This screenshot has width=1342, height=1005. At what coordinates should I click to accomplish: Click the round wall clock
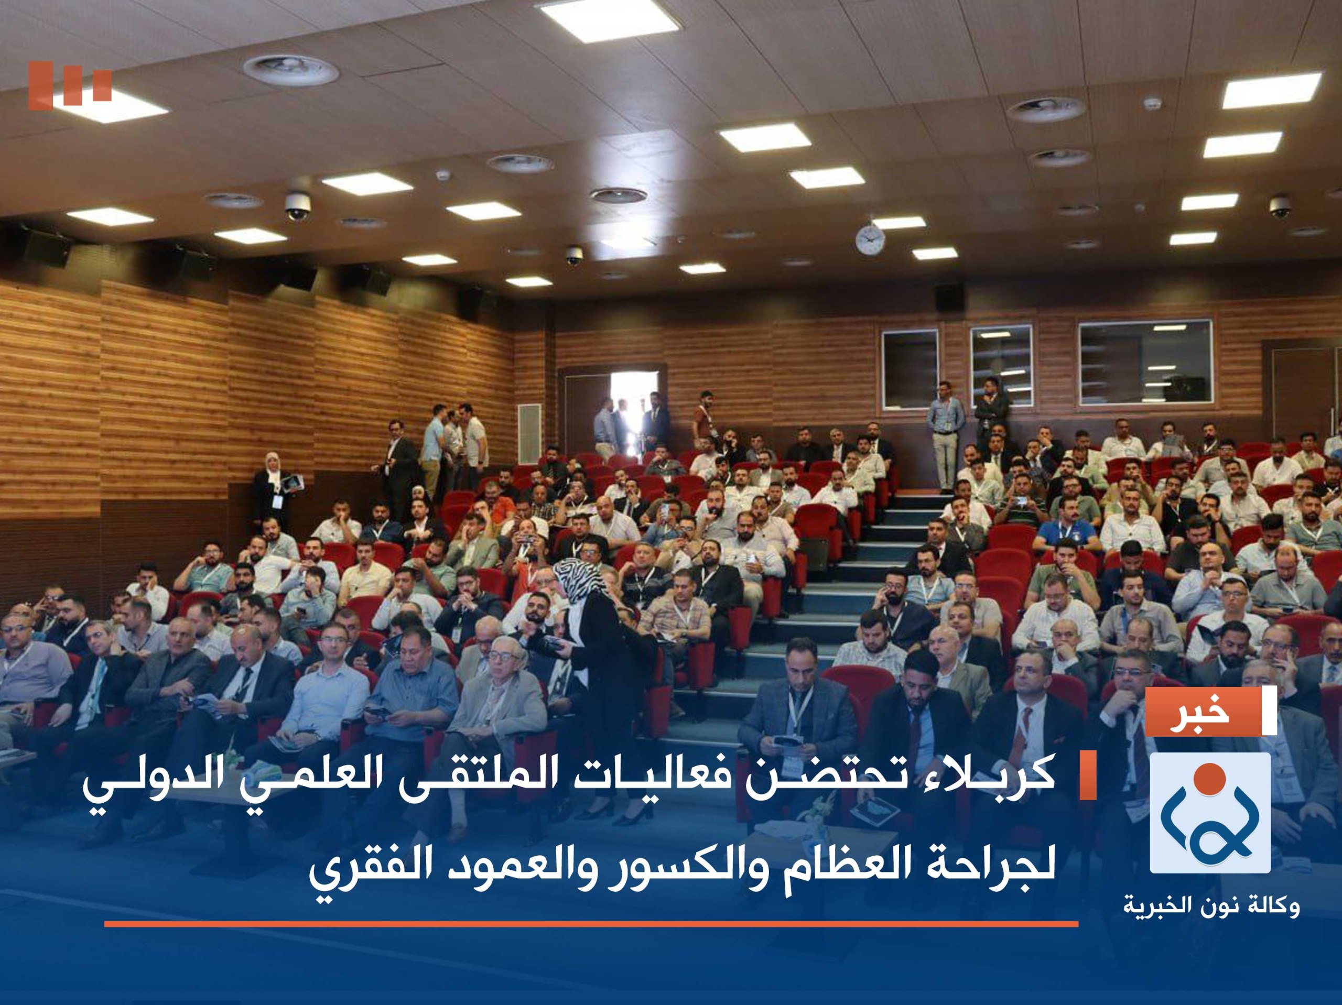870,239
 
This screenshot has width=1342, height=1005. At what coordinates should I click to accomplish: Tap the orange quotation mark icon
70,83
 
